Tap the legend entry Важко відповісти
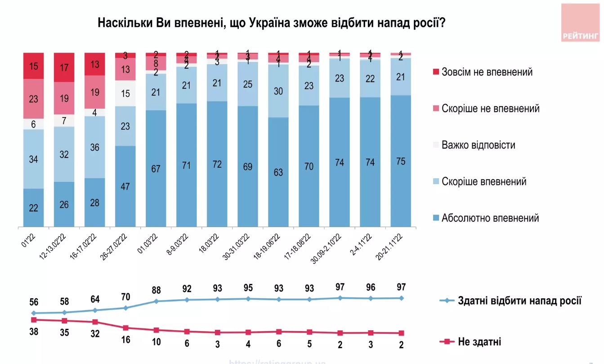479,145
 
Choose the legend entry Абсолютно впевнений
490,219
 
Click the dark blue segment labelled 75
401,161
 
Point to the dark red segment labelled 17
64,67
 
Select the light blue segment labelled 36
95,147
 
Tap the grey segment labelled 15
125,94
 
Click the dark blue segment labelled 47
125,186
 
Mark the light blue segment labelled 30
278,91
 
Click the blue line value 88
156,288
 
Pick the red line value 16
125,340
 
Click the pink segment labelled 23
34,99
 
